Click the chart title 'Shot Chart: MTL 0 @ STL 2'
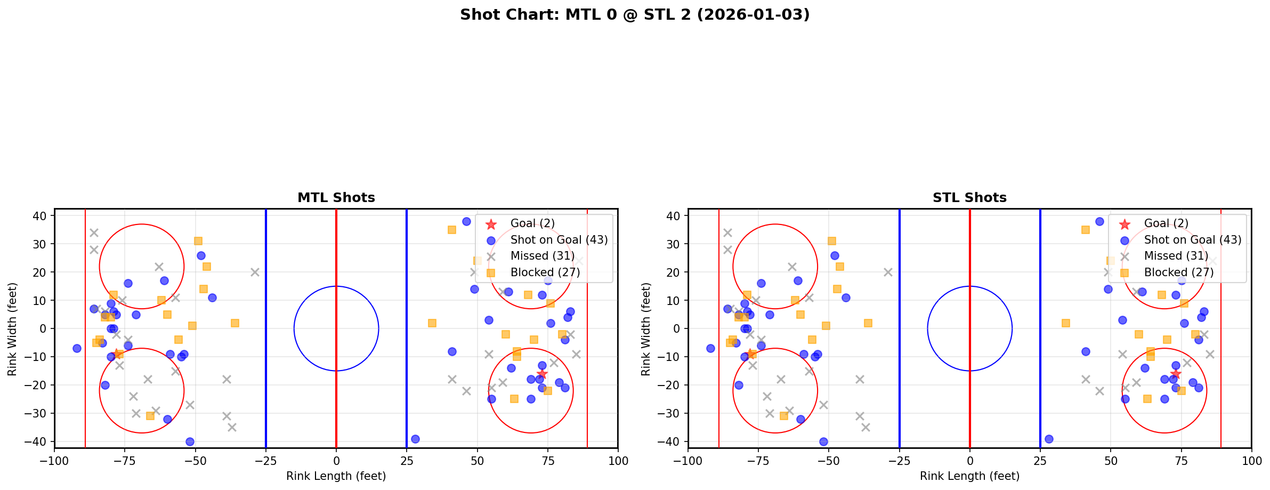pos(634,15)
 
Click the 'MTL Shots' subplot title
pos(336,198)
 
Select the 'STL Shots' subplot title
pos(969,198)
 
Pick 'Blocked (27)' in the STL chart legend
pos(1178,272)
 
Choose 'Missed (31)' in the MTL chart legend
pos(542,256)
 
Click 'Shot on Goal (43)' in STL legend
pos(1192,240)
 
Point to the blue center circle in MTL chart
pos(336,287)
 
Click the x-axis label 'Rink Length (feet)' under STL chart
pos(969,476)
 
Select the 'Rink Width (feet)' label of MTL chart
pos(12,329)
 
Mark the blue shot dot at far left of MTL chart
pos(77,348)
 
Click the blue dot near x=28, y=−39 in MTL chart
pos(415,439)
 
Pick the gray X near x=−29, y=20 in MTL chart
pos(255,272)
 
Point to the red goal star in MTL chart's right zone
pos(542,373)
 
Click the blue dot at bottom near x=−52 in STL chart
pos(823,441)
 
